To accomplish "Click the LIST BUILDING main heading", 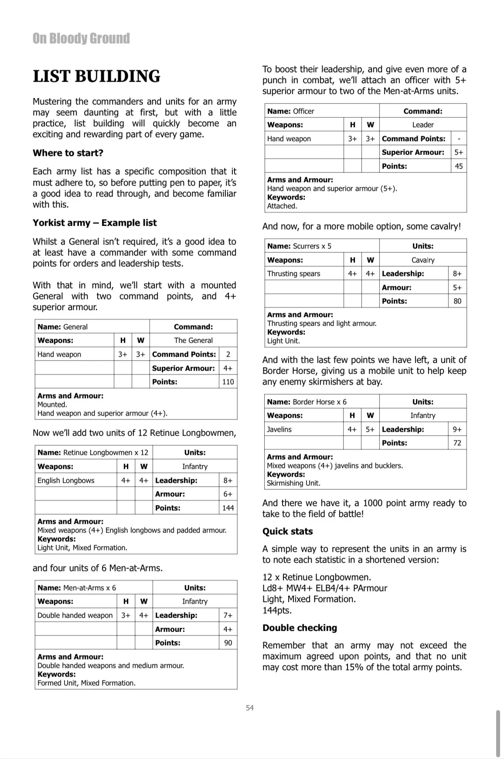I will (x=96, y=76).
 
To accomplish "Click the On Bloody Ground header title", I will (x=81, y=38).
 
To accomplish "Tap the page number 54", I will (x=250, y=707).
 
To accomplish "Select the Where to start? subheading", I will (x=68, y=153).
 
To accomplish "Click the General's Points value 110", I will (x=228, y=382).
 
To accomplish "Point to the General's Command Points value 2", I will (x=228, y=354).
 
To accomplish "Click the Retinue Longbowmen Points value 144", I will (x=228, y=508).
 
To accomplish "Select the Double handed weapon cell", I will (x=75, y=615).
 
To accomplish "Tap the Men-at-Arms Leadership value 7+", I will (x=228, y=615).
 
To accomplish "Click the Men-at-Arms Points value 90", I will (x=228, y=643).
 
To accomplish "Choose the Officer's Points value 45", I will (x=459, y=166).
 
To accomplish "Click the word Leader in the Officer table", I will (x=423, y=125).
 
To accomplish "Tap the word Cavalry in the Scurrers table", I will (x=423, y=260).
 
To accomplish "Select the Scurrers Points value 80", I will (x=457, y=301).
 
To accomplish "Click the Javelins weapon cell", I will (x=279, y=429).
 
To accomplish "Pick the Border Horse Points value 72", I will (x=457, y=443).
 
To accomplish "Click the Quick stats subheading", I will (x=288, y=532).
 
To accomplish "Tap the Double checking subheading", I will (x=300, y=628).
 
